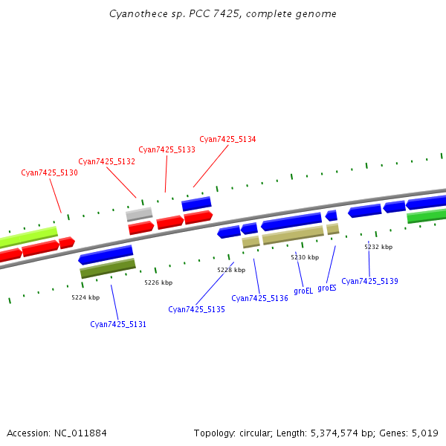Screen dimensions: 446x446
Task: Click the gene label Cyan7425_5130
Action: (x=49, y=172)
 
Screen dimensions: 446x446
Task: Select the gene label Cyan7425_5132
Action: (x=106, y=161)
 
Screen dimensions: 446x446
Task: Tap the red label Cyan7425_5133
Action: (x=167, y=149)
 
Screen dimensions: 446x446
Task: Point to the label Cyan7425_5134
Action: (x=227, y=139)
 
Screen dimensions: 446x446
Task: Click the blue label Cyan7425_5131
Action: (x=118, y=324)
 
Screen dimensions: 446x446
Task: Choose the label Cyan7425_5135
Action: (x=196, y=309)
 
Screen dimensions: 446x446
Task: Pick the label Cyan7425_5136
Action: (x=259, y=298)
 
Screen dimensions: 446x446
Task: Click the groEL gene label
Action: (x=303, y=291)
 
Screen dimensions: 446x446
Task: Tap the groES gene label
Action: (x=327, y=288)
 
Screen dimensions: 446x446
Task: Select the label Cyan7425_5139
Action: (x=369, y=281)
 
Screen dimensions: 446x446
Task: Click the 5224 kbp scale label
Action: (x=85, y=297)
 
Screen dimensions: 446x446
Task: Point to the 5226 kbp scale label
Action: (x=158, y=282)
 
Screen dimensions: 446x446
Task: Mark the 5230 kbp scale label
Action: (x=305, y=257)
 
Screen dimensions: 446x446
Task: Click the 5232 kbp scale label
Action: (x=378, y=247)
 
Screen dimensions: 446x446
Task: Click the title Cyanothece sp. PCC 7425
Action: (x=222, y=13)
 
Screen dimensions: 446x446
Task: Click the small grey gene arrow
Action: (x=139, y=214)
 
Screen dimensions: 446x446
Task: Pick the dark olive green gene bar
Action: (x=108, y=268)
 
